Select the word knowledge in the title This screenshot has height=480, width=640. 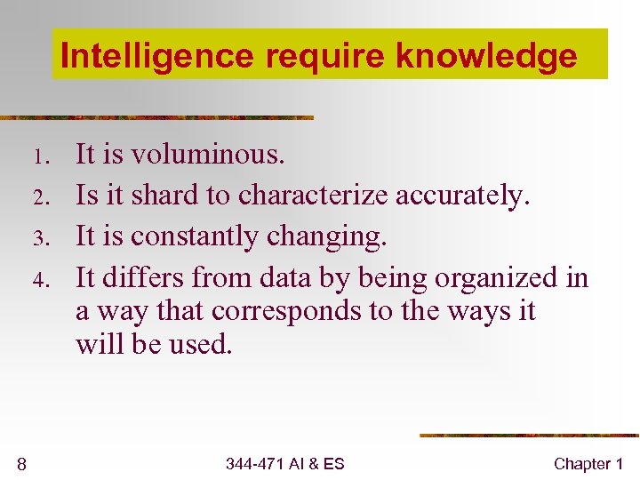point(486,56)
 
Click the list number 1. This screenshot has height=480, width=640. point(39,157)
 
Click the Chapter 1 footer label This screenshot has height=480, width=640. point(588,463)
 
